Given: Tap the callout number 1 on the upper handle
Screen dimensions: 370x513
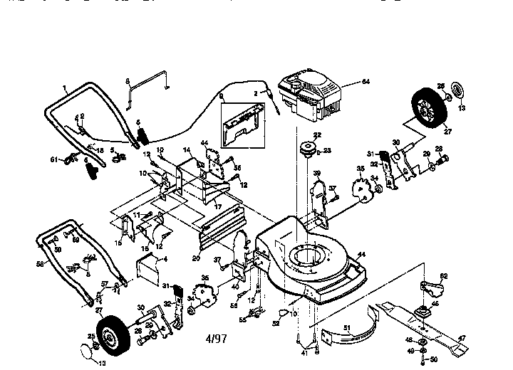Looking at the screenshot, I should click(x=64, y=89).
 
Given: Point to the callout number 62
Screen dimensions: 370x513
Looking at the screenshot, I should click(x=443, y=276).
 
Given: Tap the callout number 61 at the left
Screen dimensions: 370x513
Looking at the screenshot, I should click(x=54, y=159).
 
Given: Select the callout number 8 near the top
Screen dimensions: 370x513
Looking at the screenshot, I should click(x=128, y=81).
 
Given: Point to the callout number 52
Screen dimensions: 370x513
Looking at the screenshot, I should click(x=275, y=323).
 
